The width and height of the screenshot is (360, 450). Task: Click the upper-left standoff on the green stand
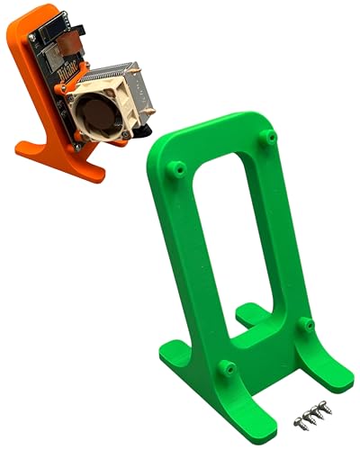coord(177,167)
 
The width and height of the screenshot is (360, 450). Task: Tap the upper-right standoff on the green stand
coord(267,136)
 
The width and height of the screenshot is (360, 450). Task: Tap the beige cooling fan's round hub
coord(94,117)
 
